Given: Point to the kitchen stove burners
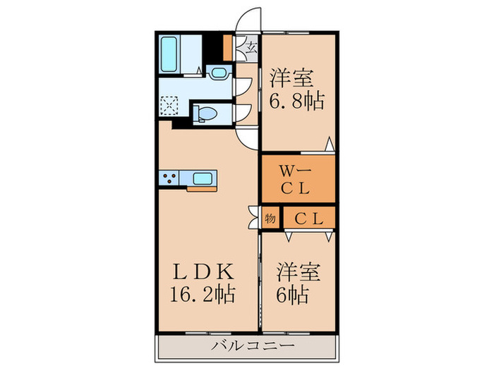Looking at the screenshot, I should [x=171, y=179].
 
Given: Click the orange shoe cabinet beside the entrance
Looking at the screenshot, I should [x=227, y=47].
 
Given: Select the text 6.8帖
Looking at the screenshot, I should [x=296, y=101].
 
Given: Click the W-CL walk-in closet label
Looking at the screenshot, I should [x=295, y=179].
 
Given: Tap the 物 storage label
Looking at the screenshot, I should [x=270, y=218].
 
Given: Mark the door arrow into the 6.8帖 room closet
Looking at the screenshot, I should [x=329, y=144].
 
